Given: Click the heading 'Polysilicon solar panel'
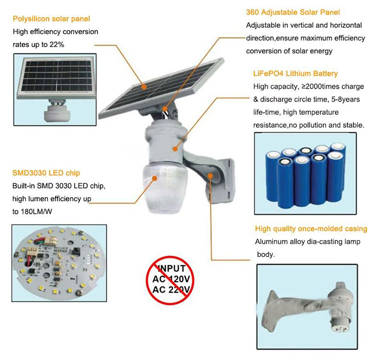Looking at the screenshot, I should (x=51, y=19).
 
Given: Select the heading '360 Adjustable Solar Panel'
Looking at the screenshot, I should (x=293, y=12).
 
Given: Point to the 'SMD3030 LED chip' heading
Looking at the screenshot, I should (x=46, y=173).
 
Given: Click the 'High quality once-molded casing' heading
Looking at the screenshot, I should (x=311, y=229).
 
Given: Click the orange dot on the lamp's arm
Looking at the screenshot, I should (x=211, y=175).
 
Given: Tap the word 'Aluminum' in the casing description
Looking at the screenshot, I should (x=272, y=242).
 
